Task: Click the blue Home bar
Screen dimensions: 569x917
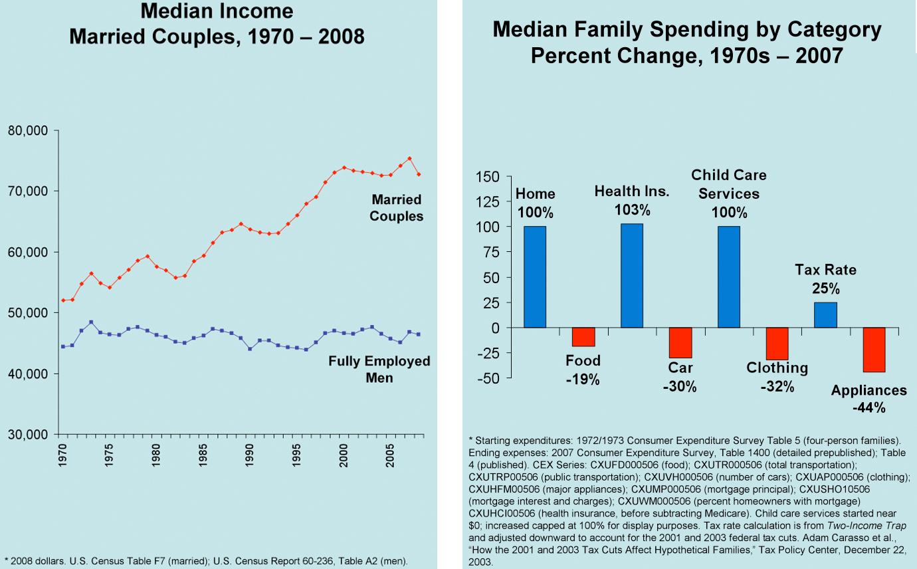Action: [534, 277]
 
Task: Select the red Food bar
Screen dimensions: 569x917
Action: [583, 337]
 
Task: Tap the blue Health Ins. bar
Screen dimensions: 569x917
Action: [631, 276]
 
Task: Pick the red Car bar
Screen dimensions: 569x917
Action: [680, 343]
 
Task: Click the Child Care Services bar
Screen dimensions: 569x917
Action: [728, 277]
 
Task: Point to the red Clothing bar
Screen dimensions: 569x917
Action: [777, 344]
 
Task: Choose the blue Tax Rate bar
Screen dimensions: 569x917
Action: [825, 315]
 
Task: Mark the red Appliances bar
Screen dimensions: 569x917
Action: [874, 350]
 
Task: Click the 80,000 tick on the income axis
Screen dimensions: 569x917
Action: [28, 131]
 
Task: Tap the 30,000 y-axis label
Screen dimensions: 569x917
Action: [28, 435]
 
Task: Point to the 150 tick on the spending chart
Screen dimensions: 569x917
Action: [490, 177]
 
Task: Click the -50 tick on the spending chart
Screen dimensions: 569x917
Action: [490, 378]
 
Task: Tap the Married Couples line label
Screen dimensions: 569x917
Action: [396, 207]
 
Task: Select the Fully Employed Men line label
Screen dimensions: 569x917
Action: [379, 370]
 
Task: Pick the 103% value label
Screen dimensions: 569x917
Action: [632, 210]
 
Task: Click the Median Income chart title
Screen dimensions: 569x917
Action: [217, 23]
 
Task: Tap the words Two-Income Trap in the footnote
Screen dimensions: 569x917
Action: [853, 526]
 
